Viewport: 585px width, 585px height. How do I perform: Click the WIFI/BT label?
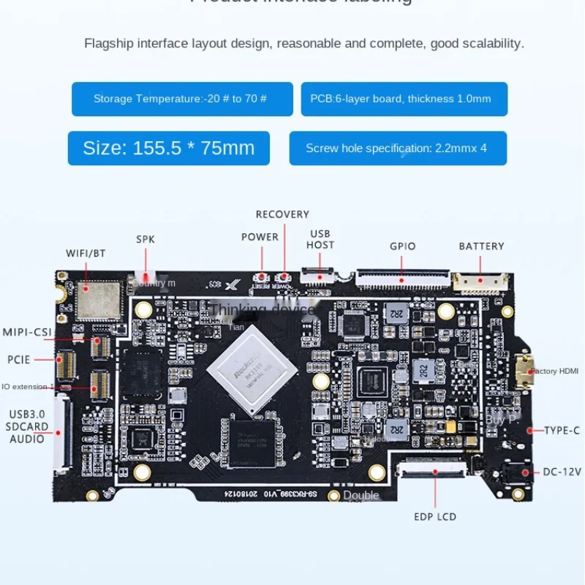[86, 253]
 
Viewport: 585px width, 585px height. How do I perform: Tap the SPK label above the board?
[146, 239]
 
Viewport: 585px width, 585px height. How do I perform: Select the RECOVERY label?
[282, 214]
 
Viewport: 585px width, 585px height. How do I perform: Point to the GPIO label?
[402, 246]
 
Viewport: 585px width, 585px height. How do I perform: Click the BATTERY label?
[481, 246]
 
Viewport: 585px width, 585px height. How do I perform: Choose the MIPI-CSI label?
[27, 332]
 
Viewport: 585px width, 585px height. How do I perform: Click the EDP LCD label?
[434, 516]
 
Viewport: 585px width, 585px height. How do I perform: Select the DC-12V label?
[562, 472]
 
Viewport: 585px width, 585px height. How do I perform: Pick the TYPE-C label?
[562, 430]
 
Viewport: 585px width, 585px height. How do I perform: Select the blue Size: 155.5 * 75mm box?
[168, 148]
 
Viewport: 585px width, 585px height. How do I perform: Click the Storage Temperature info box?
[182, 99]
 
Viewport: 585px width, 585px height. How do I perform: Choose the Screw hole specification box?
[398, 148]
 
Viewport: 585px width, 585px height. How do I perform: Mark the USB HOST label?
[320, 239]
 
